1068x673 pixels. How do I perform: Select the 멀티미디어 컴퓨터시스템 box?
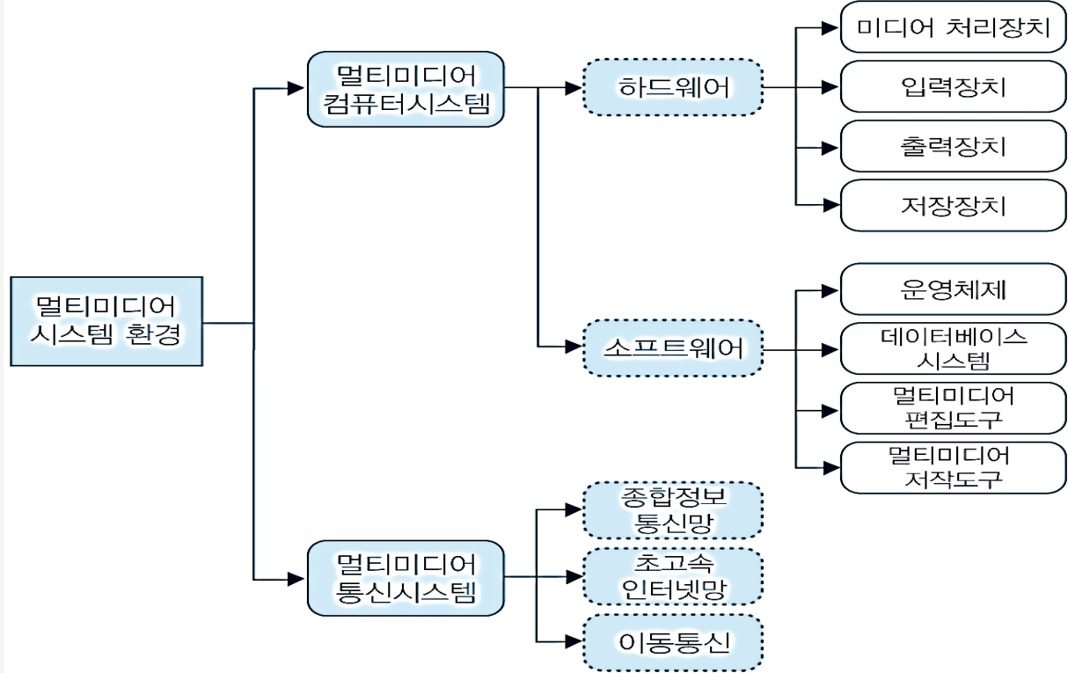(406, 88)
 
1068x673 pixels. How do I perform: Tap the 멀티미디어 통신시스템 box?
(406, 578)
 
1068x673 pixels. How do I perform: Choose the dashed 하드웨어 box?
(673, 87)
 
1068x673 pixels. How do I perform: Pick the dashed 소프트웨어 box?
(673, 348)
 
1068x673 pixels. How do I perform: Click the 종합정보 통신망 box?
(673, 509)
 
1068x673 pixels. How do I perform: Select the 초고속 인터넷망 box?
(673, 576)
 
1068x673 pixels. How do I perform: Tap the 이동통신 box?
(673, 642)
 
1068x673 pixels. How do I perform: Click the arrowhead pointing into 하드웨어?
(573, 87)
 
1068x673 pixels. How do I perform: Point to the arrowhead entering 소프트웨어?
(573, 348)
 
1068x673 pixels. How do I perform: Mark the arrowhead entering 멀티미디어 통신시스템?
(297, 578)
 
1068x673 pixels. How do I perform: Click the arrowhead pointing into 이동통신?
(573, 642)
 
